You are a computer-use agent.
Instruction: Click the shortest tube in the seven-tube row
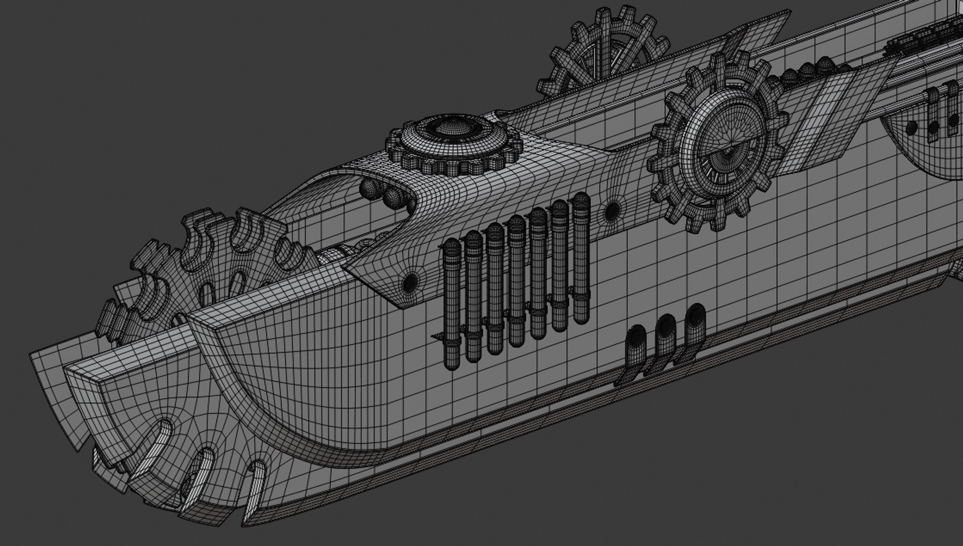(451, 303)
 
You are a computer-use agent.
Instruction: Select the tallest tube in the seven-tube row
(581, 258)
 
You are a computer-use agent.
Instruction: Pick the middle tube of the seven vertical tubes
(517, 281)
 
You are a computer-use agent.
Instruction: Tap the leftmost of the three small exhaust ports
(636, 339)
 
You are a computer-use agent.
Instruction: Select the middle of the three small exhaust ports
(665, 328)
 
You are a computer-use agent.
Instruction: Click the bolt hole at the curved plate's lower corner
(409, 282)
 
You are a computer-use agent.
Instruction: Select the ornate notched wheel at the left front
(202, 268)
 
